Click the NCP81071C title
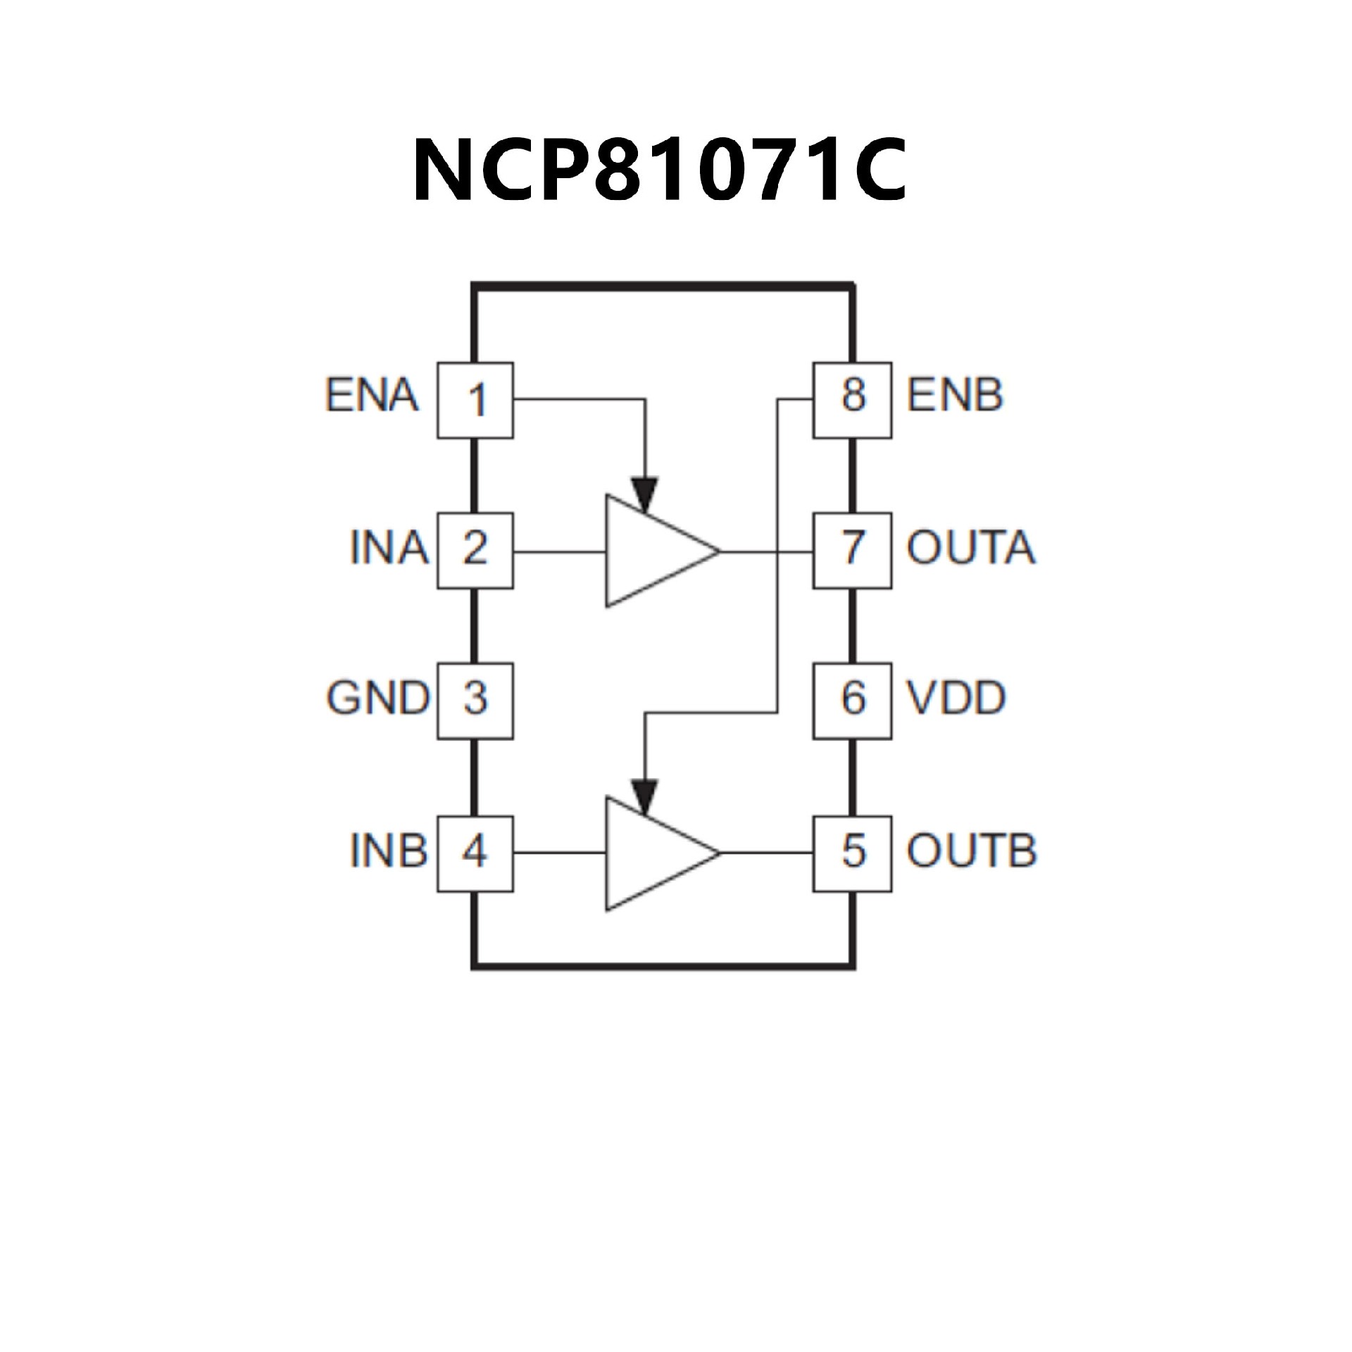coord(660,170)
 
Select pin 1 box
coord(475,400)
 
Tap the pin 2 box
coord(475,550)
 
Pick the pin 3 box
coord(475,700)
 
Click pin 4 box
coord(475,853)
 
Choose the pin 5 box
coord(852,853)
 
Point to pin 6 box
coord(852,700)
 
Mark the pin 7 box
coord(852,550)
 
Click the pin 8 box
coord(852,400)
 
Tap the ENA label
coord(372,396)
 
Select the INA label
coord(389,548)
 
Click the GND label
coord(377,699)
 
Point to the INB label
coord(389,851)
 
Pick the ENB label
coord(954,396)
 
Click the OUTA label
coord(971,548)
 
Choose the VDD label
coord(956,699)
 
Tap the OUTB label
coord(971,851)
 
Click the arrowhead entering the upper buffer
coord(644,493)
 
